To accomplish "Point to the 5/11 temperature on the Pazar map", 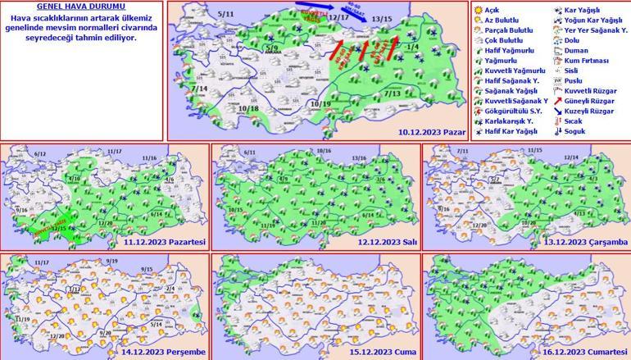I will point(227,15).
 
